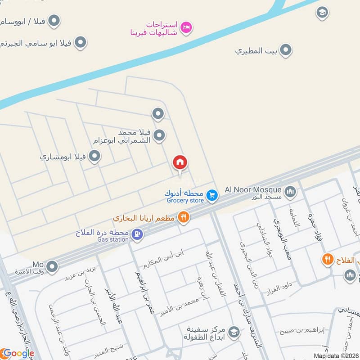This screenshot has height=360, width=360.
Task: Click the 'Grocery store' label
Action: pos(185,201)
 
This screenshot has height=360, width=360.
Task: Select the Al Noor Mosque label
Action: pos(257,190)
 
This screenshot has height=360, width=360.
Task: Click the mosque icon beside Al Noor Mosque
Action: pos(291,192)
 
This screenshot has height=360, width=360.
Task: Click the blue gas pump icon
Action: pos(138,234)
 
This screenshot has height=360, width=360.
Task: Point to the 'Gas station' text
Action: pos(113,239)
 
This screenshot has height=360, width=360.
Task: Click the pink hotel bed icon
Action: pos(186,28)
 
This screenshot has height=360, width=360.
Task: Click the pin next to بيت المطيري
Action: pos(285,50)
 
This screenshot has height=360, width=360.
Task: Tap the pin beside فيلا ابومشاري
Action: pos(94,156)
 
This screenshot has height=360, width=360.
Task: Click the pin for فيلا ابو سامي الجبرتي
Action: pos(81,43)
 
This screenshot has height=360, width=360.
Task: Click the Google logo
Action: pos(18,353)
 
